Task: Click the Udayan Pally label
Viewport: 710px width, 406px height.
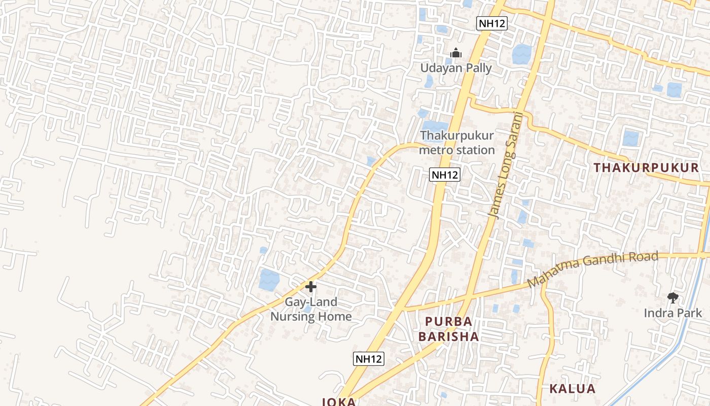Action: [456, 68]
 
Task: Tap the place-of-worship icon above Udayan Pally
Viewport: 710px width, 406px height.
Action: [456, 53]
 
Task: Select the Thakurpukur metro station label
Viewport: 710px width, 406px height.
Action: [457, 143]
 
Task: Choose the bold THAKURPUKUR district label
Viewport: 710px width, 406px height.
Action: [646, 167]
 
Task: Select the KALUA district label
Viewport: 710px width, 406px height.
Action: [572, 389]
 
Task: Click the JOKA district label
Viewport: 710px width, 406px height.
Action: [339, 401]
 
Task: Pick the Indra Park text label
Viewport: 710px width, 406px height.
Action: [672, 313]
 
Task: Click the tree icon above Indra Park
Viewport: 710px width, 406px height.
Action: [672, 298]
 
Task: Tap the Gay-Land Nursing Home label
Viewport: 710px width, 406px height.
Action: [311, 309]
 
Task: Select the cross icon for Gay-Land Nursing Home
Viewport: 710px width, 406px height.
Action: [311, 287]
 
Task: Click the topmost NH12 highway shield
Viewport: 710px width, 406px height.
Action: [492, 23]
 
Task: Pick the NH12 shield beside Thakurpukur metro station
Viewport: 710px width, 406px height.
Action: [444, 175]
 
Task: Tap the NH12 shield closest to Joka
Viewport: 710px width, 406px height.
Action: [369, 359]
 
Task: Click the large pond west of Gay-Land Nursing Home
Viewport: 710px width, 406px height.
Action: [269, 280]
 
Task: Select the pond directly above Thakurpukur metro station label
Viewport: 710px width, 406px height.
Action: [435, 125]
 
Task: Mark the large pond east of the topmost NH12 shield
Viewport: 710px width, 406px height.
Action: [522, 54]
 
